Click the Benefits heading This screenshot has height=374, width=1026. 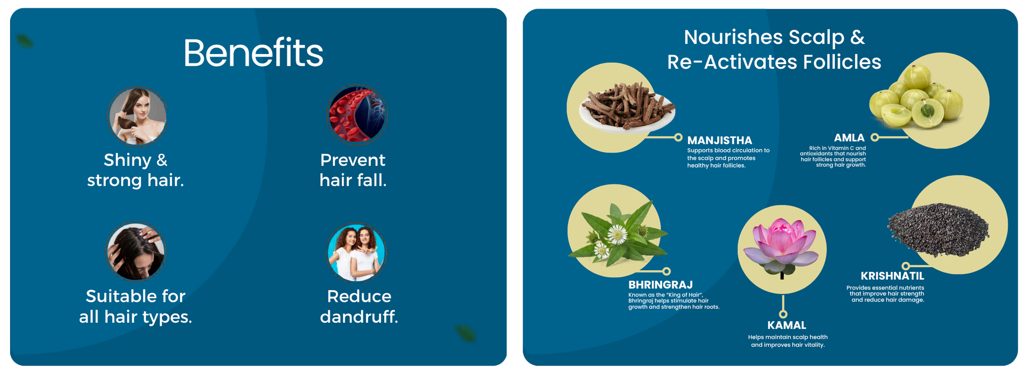click(253, 53)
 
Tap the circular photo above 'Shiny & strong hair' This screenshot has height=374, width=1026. click(138, 116)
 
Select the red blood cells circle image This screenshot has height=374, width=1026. click(356, 114)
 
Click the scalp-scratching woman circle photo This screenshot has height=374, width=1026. click(136, 251)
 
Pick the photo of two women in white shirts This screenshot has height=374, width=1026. click(356, 252)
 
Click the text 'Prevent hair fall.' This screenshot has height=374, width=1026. click(353, 170)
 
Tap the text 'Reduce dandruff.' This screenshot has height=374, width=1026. click(359, 306)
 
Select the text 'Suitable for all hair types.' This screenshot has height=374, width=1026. click(136, 306)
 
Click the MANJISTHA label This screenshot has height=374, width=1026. click(719, 141)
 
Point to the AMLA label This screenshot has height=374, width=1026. click(849, 138)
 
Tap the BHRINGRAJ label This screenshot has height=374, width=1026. click(660, 285)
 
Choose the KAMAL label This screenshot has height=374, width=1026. click(787, 325)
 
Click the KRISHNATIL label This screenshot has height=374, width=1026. click(892, 276)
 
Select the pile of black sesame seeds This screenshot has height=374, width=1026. click(938, 229)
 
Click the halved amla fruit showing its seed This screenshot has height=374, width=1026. click(927, 112)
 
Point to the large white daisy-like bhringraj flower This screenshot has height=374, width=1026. click(618, 234)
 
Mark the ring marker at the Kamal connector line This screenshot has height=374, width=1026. click(783, 314)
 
